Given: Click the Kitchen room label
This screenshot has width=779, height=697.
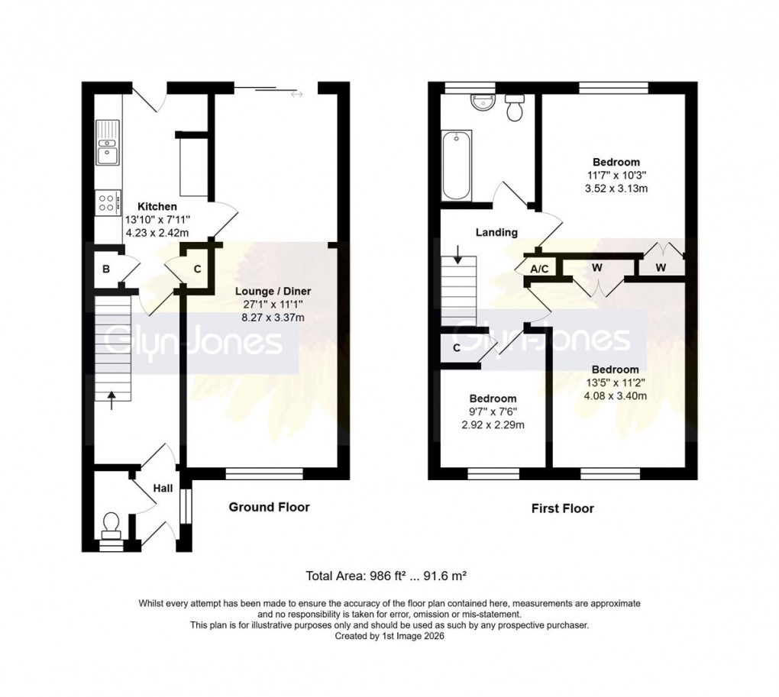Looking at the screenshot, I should pyautogui.click(x=157, y=207).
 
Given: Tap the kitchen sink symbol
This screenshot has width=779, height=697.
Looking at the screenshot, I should pyautogui.click(x=107, y=144).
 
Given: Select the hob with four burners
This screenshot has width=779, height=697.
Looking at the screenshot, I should pyautogui.click(x=107, y=202).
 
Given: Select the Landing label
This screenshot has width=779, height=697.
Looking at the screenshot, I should pyautogui.click(x=496, y=233).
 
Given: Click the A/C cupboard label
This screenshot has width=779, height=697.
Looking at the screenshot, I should pyautogui.click(x=539, y=269).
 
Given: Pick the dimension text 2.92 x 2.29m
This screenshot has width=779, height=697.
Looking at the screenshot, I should pyautogui.click(x=493, y=425).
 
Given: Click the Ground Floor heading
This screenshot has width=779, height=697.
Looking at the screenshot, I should pyautogui.click(x=270, y=507).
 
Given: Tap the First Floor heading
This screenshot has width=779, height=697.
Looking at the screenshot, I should pyautogui.click(x=563, y=508).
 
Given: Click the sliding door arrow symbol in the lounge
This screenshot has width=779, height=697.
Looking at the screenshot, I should pyautogui.click(x=296, y=95).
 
